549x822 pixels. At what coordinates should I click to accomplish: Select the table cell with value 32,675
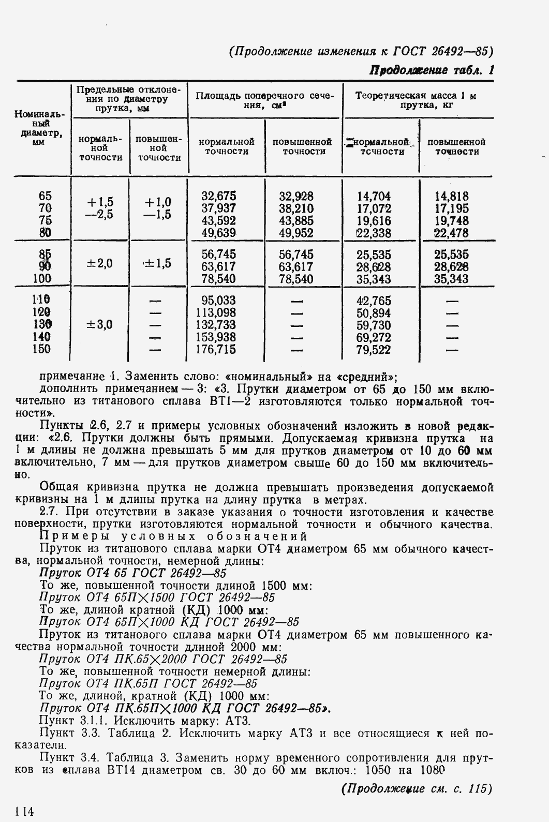pos(218,196)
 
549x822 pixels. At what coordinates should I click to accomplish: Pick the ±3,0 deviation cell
pos(99,325)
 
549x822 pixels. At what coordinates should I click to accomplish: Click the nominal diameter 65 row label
pos(45,196)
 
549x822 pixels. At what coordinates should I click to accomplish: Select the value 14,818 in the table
pos(452,196)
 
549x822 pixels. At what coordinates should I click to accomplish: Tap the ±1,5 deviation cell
pos(157,263)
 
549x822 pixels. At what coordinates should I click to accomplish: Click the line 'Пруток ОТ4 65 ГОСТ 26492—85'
pos(132,573)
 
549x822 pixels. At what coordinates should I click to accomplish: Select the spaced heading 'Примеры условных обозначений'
pos(173,536)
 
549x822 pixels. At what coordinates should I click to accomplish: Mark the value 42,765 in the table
pos(374,301)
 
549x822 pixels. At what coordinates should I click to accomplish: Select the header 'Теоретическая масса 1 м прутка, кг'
pos(416,100)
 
